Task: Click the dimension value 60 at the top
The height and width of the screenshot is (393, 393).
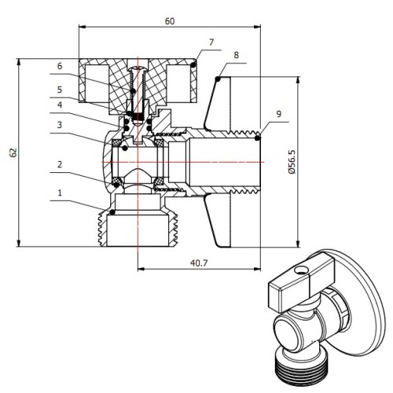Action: (170, 21)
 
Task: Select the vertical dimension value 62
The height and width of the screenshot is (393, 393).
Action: (13, 152)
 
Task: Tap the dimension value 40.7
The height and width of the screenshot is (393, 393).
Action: (199, 263)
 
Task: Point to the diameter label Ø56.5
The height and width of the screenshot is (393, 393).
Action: (292, 162)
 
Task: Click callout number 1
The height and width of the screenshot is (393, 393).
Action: (60, 193)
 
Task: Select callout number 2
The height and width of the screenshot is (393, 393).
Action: (60, 164)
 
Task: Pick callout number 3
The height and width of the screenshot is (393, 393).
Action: (60, 125)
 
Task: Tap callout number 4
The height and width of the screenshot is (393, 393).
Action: (60, 105)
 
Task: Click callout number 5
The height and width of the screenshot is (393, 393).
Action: (60, 90)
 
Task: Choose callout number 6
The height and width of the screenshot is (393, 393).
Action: (60, 66)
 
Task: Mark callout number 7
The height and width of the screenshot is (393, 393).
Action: (211, 42)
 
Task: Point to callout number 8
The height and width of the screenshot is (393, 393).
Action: (237, 55)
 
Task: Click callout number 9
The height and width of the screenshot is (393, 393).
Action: (279, 114)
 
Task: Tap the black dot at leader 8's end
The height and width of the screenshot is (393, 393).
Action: (218, 79)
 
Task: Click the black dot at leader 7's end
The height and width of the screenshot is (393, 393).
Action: (193, 65)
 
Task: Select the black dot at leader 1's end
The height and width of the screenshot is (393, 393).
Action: (112, 211)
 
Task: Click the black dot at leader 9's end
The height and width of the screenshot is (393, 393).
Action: (258, 138)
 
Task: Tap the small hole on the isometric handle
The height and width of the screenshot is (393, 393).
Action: (300, 270)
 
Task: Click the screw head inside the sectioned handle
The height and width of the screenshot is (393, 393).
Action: (138, 68)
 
